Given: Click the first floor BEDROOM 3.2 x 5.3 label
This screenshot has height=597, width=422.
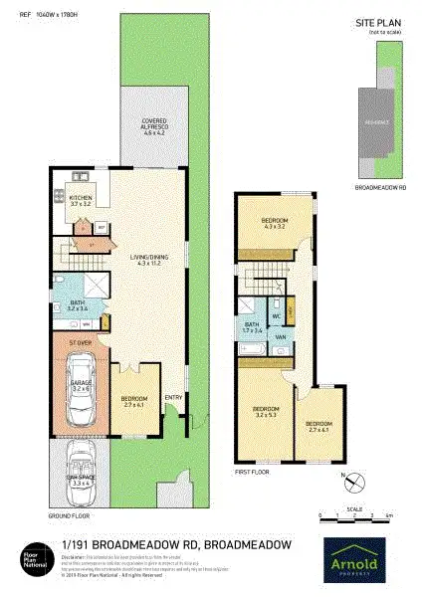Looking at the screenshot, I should (267, 412).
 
